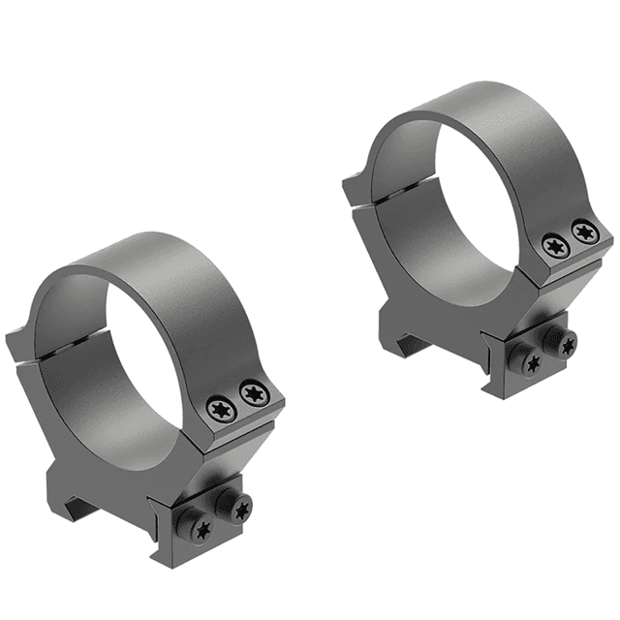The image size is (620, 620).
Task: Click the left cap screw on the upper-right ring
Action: tap(553, 246)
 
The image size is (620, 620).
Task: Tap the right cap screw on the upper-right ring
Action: tap(583, 231)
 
